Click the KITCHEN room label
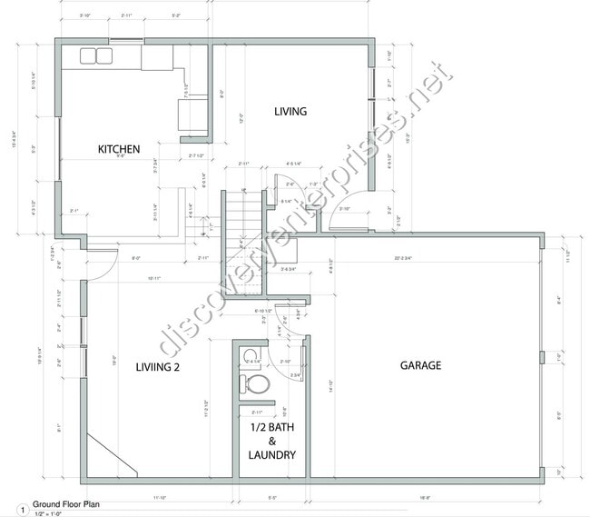(119, 149)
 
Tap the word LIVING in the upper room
(290, 112)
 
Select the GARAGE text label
(420, 365)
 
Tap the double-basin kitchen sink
(94, 56)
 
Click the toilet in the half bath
(260, 385)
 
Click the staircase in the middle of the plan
(237, 218)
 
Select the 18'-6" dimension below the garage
(424, 498)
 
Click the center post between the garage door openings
(541, 356)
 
